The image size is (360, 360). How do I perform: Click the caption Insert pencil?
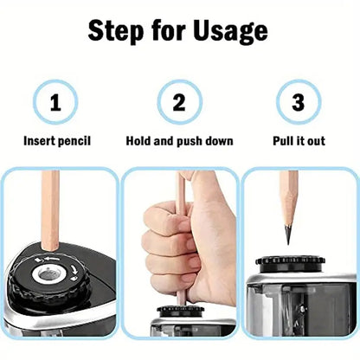(57, 141)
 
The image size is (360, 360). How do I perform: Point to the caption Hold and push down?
(179, 141)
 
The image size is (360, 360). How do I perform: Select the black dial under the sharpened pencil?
(291, 260)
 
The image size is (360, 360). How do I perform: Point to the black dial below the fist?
(180, 310)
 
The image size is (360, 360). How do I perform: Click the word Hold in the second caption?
(139, 141)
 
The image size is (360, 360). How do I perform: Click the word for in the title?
(169, 31)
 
